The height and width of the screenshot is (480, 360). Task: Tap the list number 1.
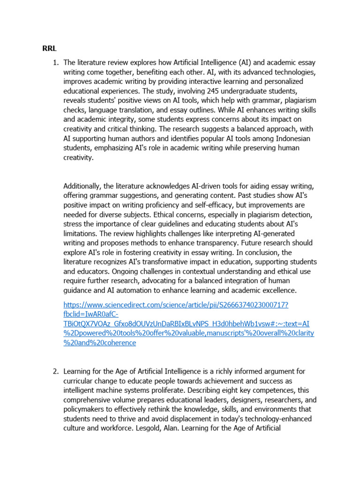pos(55,62)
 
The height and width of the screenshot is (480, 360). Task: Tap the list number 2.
pos(55,371)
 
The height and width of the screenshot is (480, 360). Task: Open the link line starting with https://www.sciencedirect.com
pos(176,305)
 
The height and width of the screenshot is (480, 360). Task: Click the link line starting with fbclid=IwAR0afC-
pos(91,315)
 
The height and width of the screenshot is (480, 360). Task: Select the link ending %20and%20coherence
pos(99,343)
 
